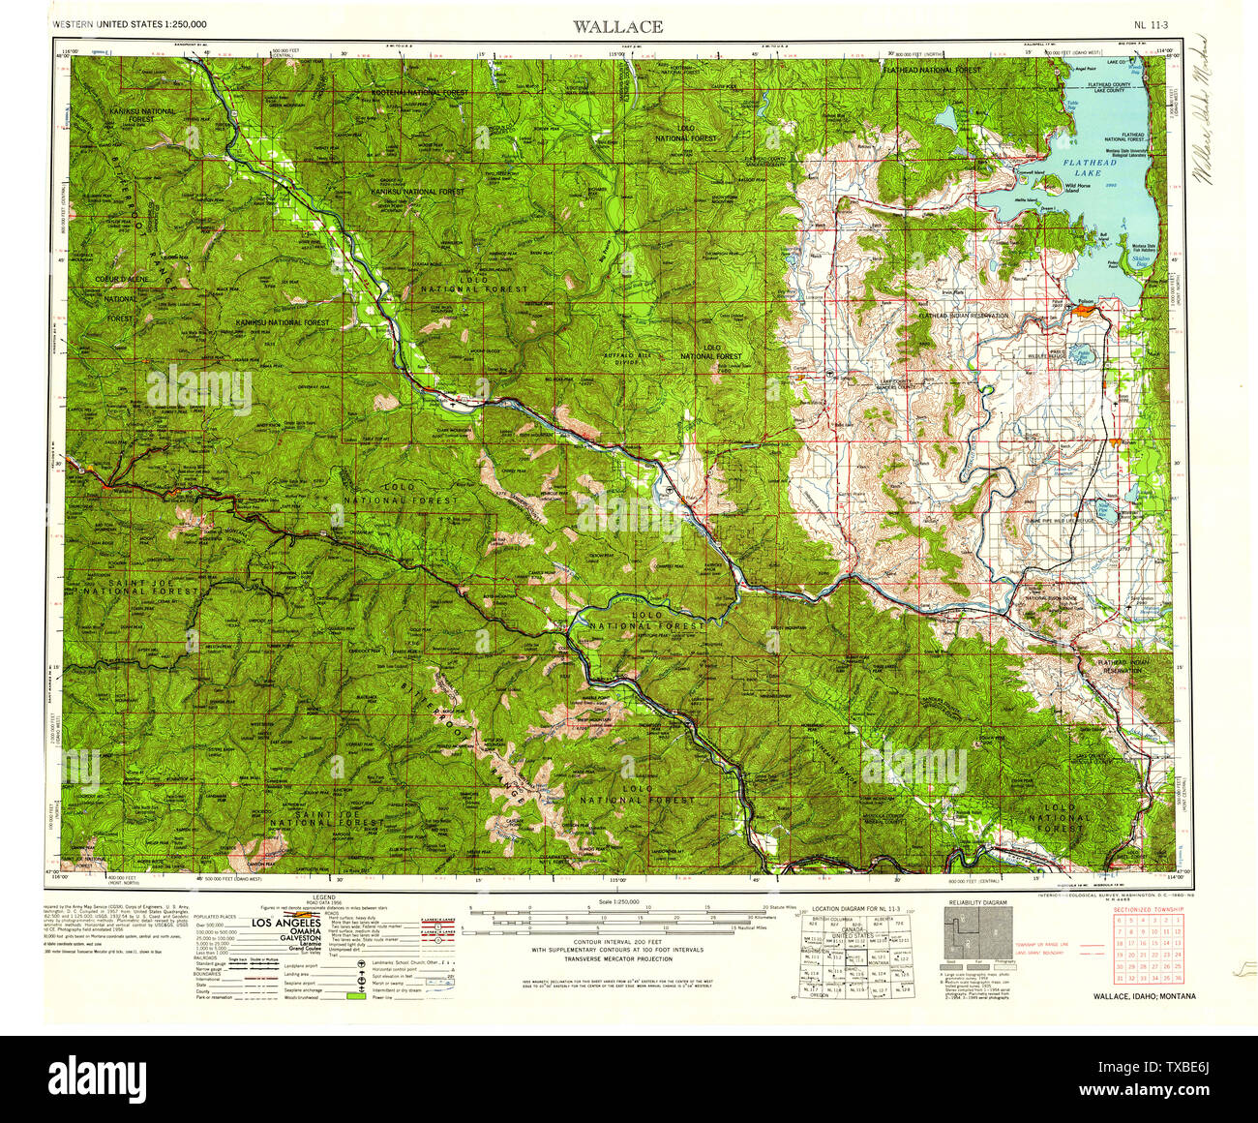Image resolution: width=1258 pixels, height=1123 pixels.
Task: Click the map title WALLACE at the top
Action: click(x=617, y=26)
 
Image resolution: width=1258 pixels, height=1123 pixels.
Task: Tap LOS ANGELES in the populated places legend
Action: click(x=286, y=923)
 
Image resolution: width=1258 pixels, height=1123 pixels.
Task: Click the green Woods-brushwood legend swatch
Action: click(x=357, y=997)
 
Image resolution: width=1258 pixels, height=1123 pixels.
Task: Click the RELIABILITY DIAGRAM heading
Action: click(x=977, y=902)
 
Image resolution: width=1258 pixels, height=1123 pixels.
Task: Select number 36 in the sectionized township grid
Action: click(x=1177, y=978)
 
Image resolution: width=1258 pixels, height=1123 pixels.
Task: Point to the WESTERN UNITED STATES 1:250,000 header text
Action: click(x=130, y=22)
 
